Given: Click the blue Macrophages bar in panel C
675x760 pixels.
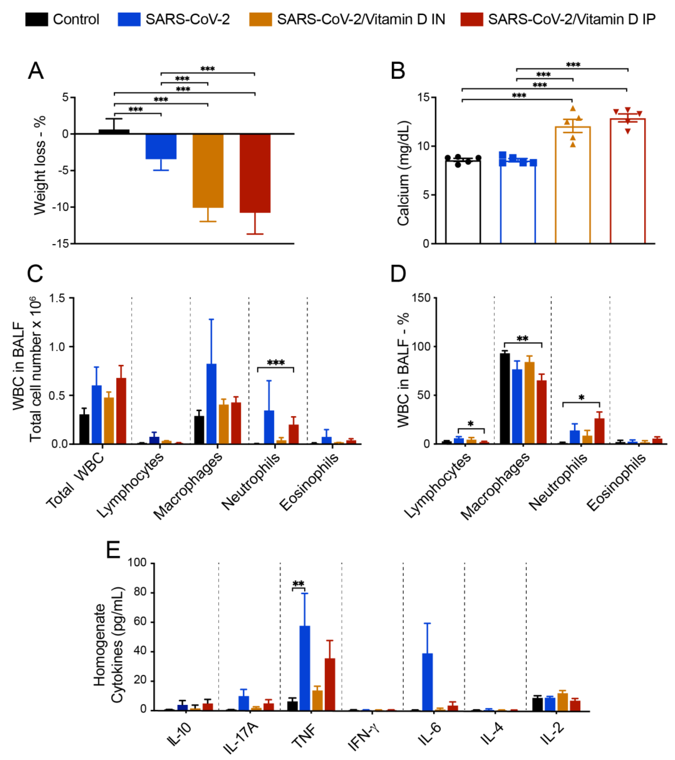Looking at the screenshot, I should [x=211, y=403].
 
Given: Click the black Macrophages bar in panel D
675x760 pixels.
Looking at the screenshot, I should [x=505, y=398].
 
